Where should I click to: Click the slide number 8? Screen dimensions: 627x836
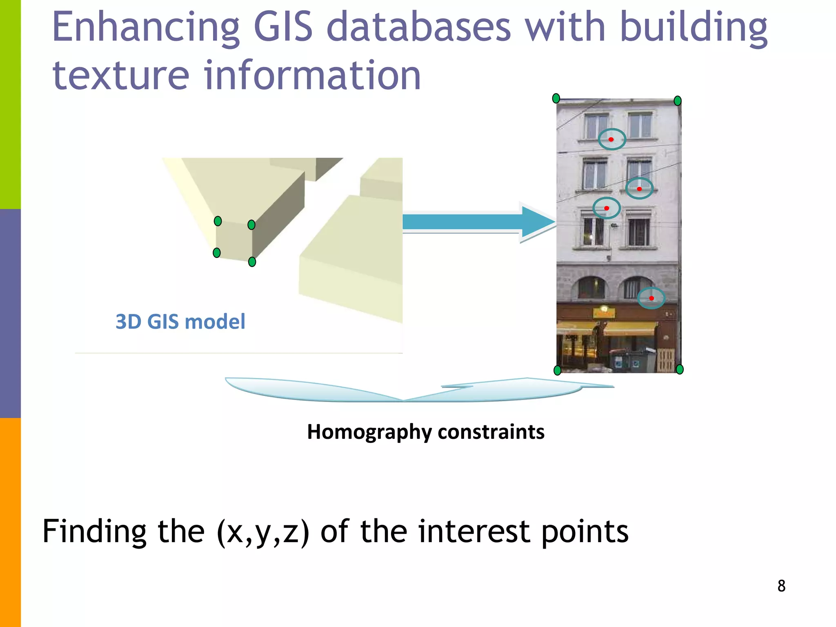[781, 586]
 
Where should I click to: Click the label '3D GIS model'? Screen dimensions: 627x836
[180, 322]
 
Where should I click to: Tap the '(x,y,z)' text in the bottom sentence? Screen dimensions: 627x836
[263, 532]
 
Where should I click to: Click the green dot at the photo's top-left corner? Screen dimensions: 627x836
[556, 98]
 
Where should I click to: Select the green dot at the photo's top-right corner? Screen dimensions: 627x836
[678, 101]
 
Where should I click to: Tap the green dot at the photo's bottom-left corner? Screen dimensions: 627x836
[557, 370]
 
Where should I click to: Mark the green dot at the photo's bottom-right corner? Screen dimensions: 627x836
[680, 369]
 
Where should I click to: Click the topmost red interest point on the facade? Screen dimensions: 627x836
[611, 140]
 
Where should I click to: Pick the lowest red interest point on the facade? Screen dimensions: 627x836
[651, 298]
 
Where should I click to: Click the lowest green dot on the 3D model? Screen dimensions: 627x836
[252, 262]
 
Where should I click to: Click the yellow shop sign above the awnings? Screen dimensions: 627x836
[604, 313]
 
